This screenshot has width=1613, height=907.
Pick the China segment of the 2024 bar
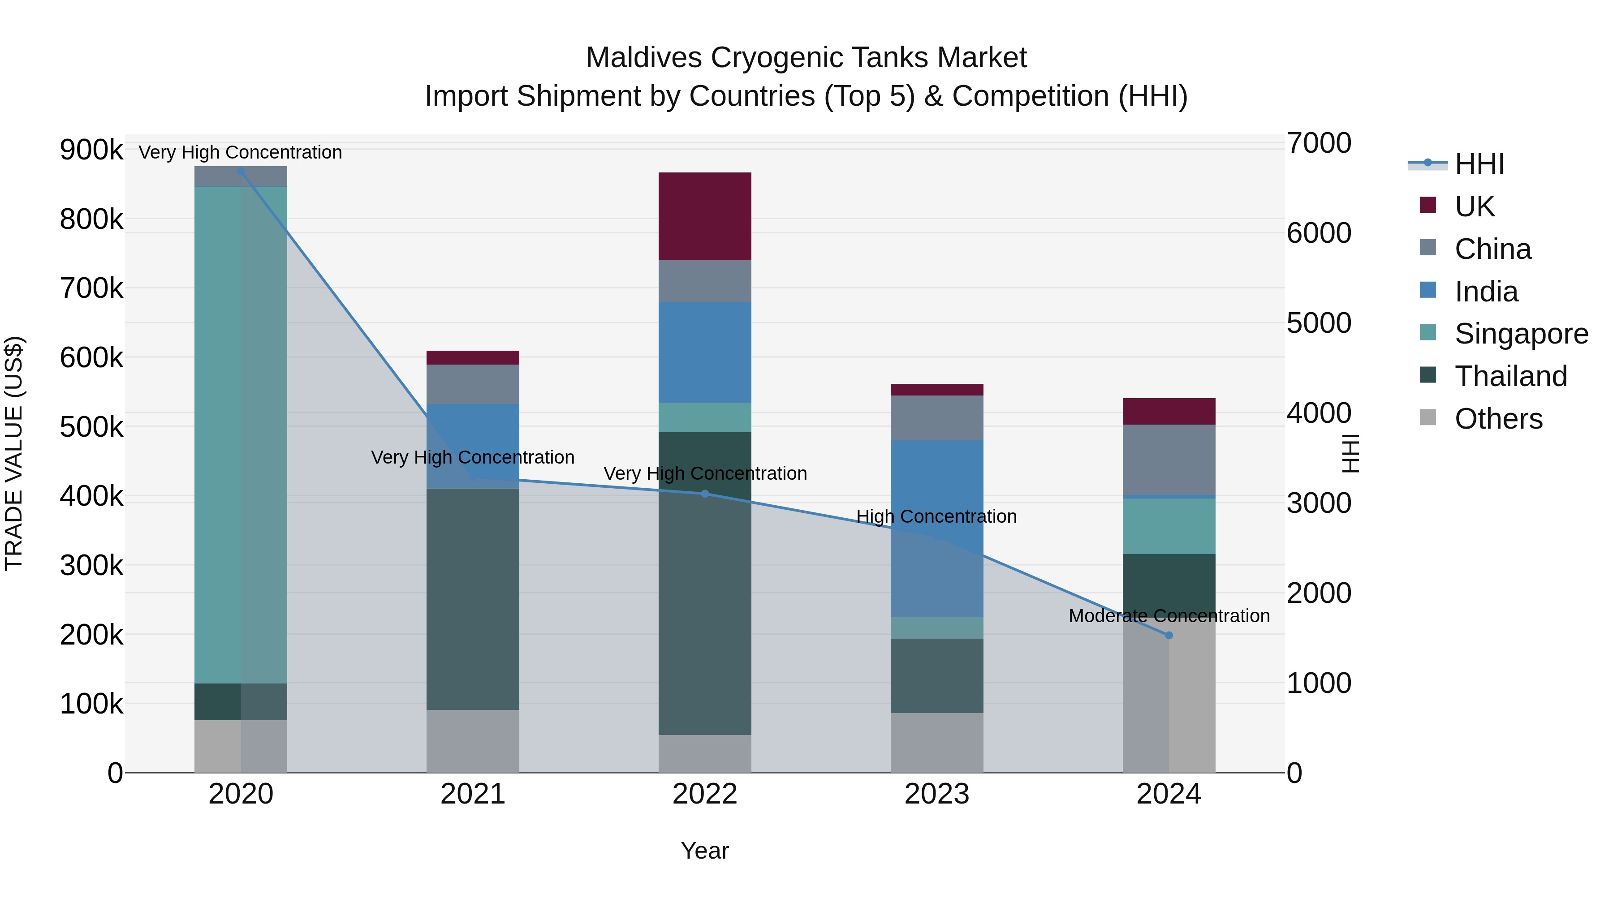pos(1169,460)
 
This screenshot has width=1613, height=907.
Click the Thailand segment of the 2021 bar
pos(473,598)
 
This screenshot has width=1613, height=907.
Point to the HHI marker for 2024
pos(1169,635)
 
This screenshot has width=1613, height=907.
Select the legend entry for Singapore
pos(1521,334)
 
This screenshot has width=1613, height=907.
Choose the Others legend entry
pos(1498,419)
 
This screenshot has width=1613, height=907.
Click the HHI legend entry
pos(1479,164)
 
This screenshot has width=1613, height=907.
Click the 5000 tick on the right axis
pos(1319,323)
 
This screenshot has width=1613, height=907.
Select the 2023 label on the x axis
pos(937,794)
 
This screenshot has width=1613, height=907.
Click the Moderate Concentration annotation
pos(1169,616)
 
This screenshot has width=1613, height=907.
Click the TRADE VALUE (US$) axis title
pos(14,453)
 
